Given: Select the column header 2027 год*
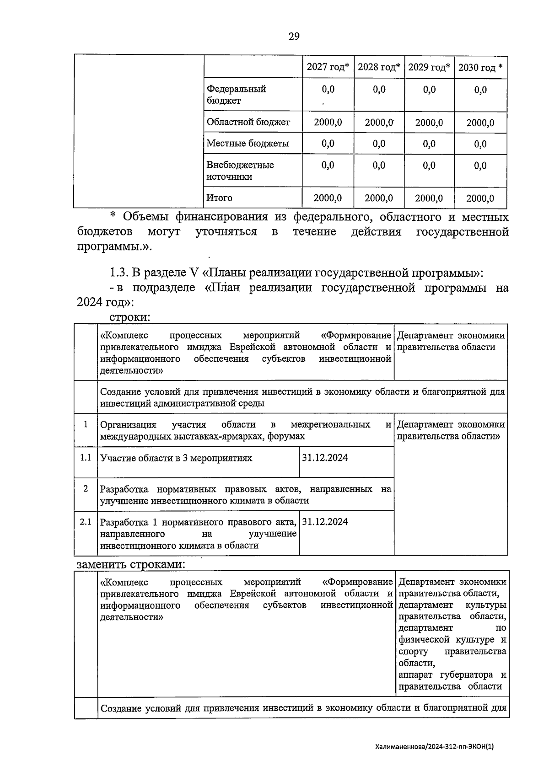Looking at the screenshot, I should [328, 67].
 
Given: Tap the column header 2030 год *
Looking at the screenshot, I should [480, 68].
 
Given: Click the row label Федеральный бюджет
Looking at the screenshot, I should [236, 95].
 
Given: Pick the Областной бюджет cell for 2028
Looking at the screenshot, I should [379, 123].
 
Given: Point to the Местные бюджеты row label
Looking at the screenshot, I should [248, 144].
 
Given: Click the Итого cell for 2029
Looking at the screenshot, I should [429, 198].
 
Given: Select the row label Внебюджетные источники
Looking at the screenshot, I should [240, 171].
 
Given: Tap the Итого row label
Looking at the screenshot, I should [220, 198].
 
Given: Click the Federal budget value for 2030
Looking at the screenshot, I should [480, 90].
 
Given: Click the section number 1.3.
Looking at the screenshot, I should [118, 273].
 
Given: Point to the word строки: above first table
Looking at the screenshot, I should [130, 317].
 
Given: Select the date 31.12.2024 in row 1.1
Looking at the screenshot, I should [325, 458].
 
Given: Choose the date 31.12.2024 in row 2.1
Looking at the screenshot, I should [325, 522].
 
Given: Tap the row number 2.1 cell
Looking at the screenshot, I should [86, 522].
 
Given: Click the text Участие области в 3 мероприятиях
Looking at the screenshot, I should [176, 458].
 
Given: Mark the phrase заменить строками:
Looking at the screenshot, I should [131, 564].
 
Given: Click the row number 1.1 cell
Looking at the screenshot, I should [86, 458].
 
